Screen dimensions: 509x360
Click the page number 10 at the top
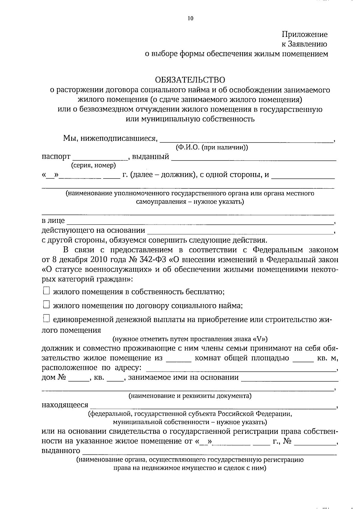(190, 19)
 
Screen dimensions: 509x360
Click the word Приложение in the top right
(304, 34)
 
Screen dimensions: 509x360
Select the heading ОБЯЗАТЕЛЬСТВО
(190, 80)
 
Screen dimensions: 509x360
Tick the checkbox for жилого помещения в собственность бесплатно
(46, 291)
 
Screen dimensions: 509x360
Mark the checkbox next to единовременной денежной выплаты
(46, 319)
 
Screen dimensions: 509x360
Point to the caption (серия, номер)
(93, 165)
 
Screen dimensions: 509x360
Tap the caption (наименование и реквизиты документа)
(190, 396)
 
